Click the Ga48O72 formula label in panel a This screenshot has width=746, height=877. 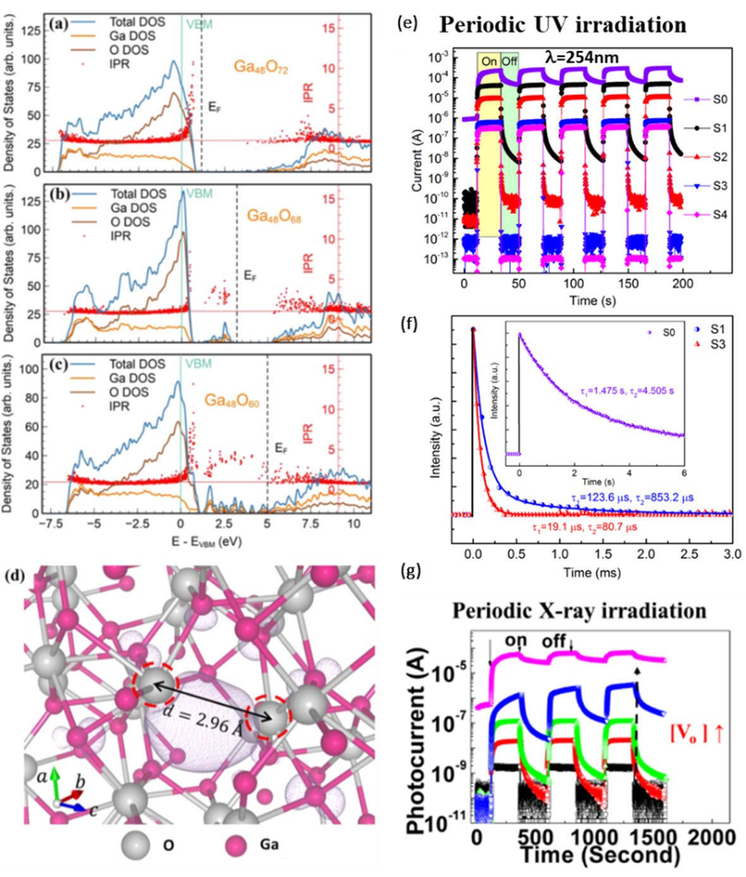point(260,67)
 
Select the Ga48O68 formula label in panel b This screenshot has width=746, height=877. point(274,216)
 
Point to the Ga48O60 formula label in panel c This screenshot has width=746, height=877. point(231,401)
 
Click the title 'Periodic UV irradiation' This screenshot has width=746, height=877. point(562,25)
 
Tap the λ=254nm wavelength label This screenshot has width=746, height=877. point(582,58)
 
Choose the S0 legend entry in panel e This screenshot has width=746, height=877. point(719,99)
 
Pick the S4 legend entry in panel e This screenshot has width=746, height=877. point(719,214)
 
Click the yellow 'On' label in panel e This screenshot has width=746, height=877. point(489,61)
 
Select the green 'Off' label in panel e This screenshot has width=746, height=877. point(510,61)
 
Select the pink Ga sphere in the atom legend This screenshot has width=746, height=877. point(236,845)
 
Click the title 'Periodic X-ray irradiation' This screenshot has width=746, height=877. point(579,611)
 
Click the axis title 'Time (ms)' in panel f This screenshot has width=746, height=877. point(592,573)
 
